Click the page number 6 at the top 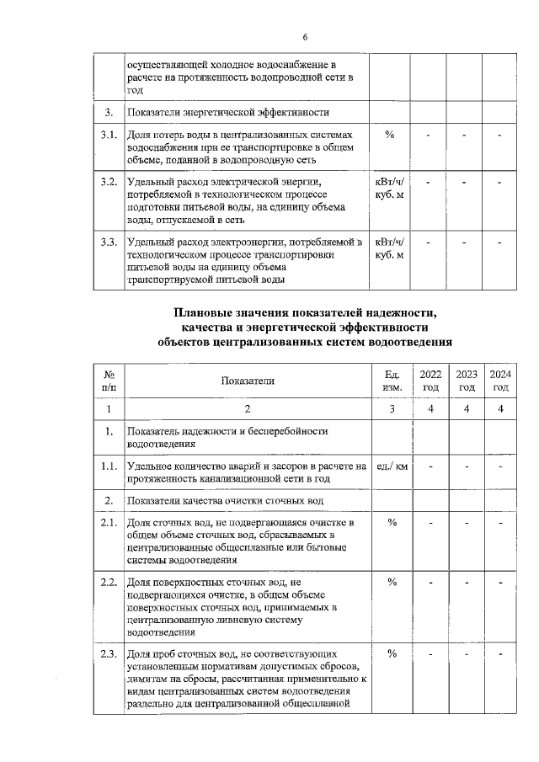click(306, 36)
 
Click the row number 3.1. click(108, 135)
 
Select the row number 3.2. click(108, 182)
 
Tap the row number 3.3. click(108, 242)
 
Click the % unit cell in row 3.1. click(390, 135)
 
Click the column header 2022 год click(430, 381)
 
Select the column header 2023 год click(466, 381)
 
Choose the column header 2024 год click(501, 381)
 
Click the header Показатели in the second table click(248, 381)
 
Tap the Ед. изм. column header click(392, 381)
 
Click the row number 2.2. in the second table click(108, 582)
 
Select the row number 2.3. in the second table click(108, 653)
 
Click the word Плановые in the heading click(205, 313)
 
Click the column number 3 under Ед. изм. click(392, 408)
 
